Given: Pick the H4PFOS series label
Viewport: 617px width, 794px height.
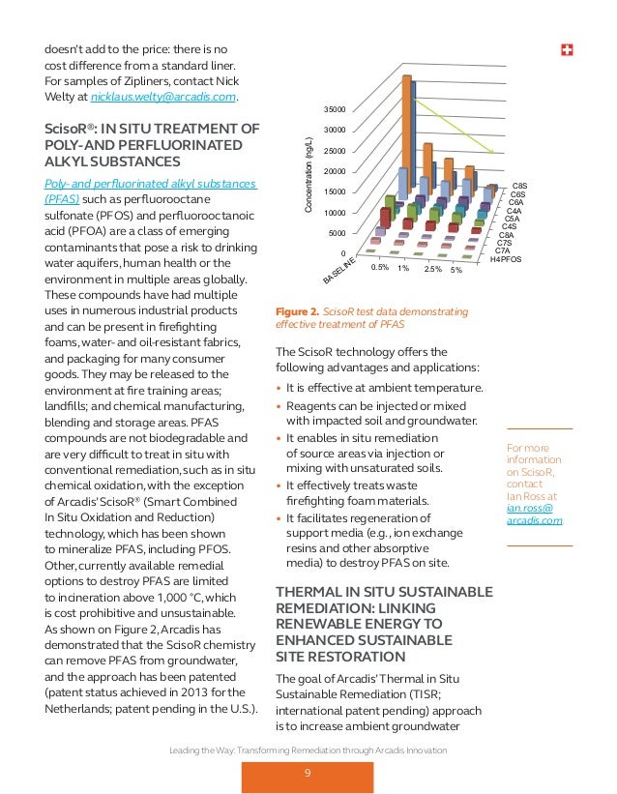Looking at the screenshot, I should click(506, 259).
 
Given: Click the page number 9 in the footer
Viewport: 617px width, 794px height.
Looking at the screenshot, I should click(308, 772).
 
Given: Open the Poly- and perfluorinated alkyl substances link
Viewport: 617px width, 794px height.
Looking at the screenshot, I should click(150, 184).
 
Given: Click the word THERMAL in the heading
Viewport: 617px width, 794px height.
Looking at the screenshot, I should click(312, 593).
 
